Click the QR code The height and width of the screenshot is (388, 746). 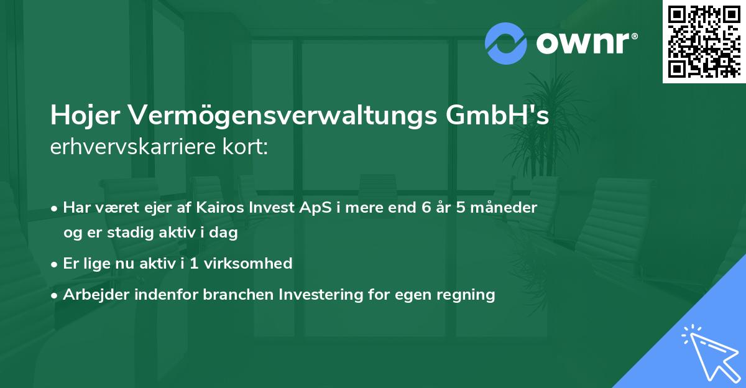[704, 41]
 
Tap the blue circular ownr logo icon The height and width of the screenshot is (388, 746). [506, 44]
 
